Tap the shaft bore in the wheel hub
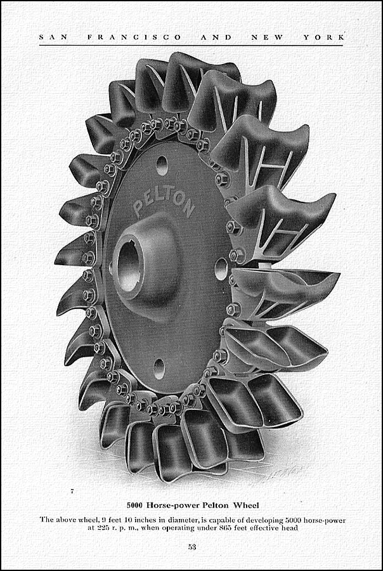click(x=128, y=263)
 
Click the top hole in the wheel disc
click(x=162, y=166)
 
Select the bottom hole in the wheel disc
click(x=159, y=369)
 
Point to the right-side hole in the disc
click(x=221, y=269)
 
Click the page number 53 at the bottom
click(x=192, y=547)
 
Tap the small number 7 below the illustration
click(x=72, y=492)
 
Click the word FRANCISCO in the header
click(x=134, y=37)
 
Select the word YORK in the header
click(x=323, y=37)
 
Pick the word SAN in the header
click(x=53, y=37)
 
